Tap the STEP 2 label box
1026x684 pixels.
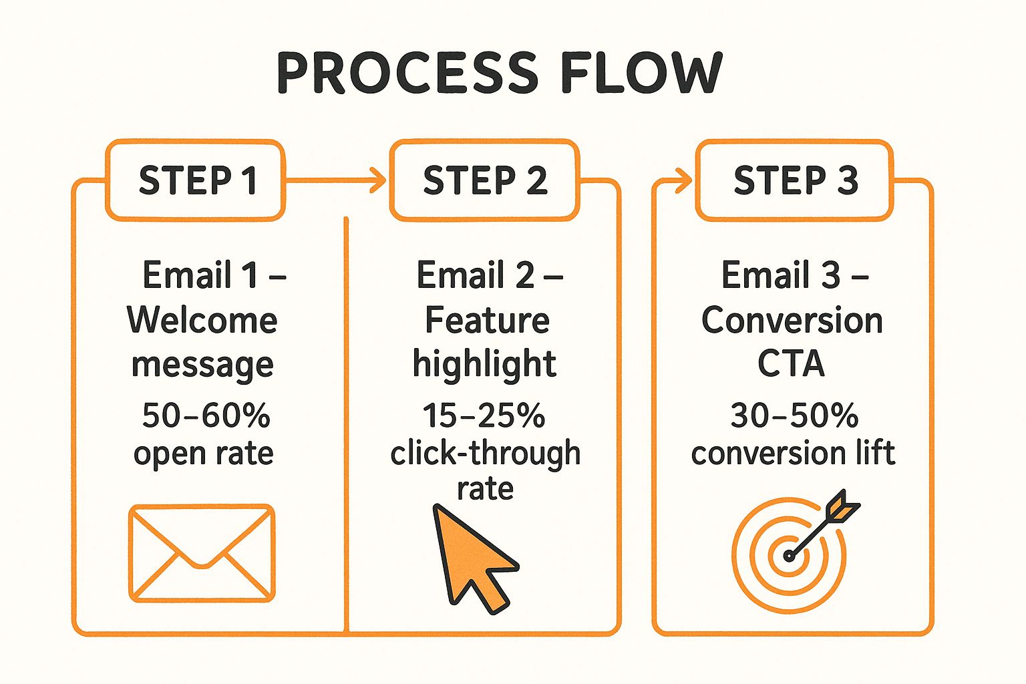485,180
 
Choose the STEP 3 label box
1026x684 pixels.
795,180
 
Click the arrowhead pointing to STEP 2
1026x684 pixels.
379,180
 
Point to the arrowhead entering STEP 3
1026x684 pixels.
684,180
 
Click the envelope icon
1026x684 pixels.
202,553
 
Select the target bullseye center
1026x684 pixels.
789,555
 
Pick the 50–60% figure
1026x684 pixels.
206,415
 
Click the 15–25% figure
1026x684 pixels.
484,415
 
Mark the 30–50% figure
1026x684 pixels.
794,415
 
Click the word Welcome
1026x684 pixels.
202,321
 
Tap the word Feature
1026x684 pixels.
487,321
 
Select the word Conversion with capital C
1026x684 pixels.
792,321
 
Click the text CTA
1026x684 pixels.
791,364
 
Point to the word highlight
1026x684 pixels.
484,364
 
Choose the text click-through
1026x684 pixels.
485,454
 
